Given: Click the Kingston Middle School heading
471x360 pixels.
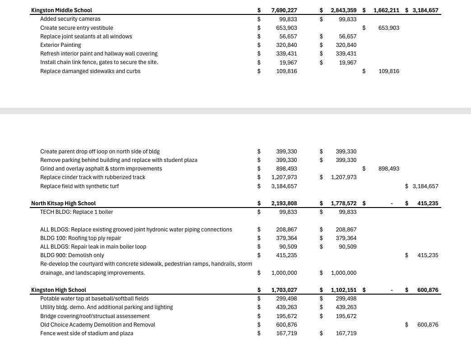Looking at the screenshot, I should pos(61,10).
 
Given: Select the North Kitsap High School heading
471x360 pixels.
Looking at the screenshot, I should pos(63,203).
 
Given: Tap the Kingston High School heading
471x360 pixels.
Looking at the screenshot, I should pos(58,290).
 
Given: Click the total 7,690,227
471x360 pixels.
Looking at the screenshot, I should pos(284,10).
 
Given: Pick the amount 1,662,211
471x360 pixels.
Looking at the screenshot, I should pos(386,10).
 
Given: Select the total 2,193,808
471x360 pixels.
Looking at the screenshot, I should pos(284,203).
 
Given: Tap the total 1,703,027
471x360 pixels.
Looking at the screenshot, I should pos(284,290).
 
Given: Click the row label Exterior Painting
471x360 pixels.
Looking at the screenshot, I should pos(61,45).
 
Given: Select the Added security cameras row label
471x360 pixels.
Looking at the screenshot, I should pos(70,19).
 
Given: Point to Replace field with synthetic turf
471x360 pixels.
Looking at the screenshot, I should pos(79,186).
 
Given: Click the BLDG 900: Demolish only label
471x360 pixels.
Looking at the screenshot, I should pos(72,255).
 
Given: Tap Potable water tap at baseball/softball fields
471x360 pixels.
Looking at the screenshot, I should pos(94,299).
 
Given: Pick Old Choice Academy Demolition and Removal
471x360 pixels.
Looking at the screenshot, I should pos(98,325).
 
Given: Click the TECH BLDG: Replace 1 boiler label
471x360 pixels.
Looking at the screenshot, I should pos(76,212).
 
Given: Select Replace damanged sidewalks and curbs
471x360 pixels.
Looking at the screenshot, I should pos(90,71).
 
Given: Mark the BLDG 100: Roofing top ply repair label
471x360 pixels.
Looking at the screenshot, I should pos(80,238).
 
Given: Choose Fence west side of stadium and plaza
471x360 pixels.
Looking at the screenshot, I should pos(86,333).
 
